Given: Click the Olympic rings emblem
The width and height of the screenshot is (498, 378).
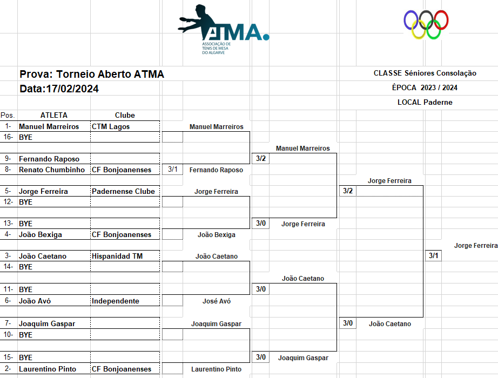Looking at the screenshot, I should (426, 25).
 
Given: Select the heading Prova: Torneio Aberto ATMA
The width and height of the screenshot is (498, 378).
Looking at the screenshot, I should (92, 75).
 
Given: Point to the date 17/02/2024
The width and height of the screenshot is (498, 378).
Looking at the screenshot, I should (59, 89).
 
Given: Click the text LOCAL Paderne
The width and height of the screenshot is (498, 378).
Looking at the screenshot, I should (425, 102).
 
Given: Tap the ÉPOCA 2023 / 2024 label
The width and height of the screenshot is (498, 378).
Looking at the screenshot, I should (425, 87).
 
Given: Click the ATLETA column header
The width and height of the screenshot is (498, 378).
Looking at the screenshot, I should (54, 115).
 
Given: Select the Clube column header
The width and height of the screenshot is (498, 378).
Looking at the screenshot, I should (125, 115).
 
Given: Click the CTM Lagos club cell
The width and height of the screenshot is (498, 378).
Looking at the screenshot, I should (111, 126).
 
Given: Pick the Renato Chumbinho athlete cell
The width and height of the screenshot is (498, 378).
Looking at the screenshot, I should (52, 170).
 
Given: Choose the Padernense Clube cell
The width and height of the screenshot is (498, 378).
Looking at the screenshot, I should (123, 191).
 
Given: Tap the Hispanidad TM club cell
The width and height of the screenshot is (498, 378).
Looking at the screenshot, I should (117, 256).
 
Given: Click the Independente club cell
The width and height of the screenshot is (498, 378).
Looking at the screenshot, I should (116, 301).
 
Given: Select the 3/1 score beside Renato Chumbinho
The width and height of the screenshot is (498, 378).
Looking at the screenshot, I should (173, 170).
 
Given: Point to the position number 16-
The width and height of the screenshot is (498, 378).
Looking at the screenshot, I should (8, 137).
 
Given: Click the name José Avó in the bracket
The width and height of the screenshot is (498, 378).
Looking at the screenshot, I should (216, 301).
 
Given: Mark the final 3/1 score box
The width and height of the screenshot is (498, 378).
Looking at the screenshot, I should (434, 256).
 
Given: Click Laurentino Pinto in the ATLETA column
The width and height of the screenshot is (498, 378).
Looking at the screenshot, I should (48, 369).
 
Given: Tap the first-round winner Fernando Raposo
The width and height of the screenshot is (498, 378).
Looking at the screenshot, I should (216, 170).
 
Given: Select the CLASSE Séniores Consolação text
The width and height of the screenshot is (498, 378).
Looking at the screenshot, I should (425, 73).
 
